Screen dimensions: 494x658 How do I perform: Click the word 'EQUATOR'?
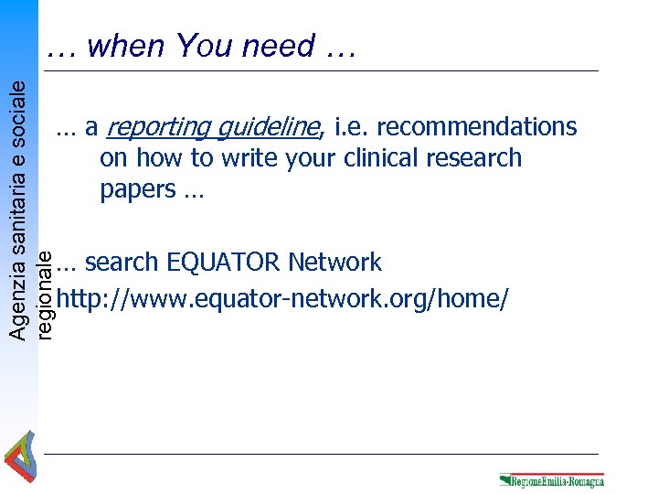click(x=223, y=263)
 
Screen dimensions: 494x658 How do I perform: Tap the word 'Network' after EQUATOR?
click(x=334, y=263)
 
